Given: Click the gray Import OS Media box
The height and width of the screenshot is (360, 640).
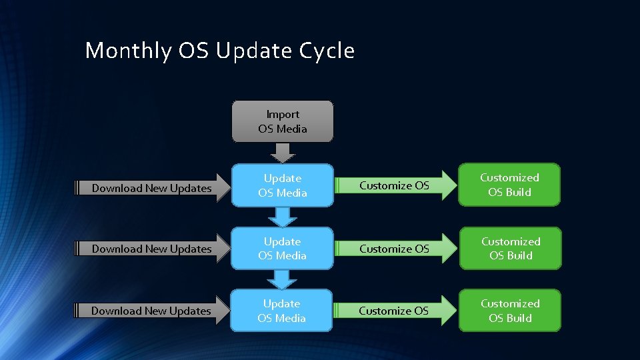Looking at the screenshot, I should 282,121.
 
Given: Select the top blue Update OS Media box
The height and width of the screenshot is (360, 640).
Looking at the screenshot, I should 282,185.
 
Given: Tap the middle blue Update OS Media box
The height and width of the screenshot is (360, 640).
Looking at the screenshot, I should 282,249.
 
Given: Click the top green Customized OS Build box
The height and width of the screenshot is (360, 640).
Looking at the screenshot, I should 509,185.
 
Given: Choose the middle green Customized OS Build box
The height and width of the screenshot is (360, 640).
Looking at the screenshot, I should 510,248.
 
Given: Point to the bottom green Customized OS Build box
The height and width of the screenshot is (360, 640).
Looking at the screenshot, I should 509,311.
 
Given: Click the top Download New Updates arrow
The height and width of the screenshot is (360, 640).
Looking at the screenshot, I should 152,188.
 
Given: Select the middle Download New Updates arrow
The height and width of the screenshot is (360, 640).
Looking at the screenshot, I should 152,249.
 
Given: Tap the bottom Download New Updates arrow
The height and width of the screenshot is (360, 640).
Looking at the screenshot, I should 151,311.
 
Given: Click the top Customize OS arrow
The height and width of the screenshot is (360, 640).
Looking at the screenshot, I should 395,185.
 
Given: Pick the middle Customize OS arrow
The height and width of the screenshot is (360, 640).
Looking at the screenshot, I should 395,249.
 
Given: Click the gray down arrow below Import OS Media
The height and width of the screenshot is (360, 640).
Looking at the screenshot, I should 283,153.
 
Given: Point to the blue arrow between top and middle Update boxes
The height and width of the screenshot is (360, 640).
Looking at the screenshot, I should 283,216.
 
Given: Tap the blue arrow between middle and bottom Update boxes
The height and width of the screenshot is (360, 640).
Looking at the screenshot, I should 283,279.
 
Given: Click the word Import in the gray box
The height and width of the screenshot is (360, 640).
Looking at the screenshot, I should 283,115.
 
